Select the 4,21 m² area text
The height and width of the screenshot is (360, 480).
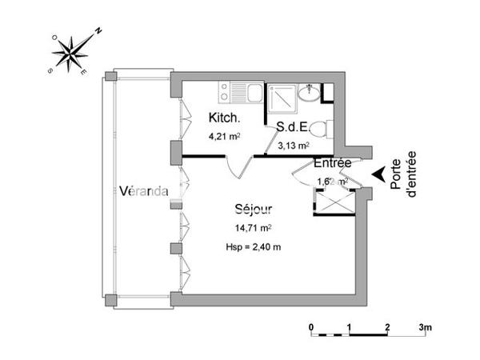225,135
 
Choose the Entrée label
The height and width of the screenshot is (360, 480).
333,163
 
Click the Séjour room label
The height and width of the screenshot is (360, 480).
254,210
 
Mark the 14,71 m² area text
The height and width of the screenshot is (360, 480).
254,229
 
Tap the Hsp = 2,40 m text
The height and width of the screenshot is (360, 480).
254,246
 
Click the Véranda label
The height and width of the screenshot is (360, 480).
143,191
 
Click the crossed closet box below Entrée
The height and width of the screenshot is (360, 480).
334,202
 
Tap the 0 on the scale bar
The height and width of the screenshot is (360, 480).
311,327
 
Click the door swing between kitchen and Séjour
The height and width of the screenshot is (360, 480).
236,166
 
